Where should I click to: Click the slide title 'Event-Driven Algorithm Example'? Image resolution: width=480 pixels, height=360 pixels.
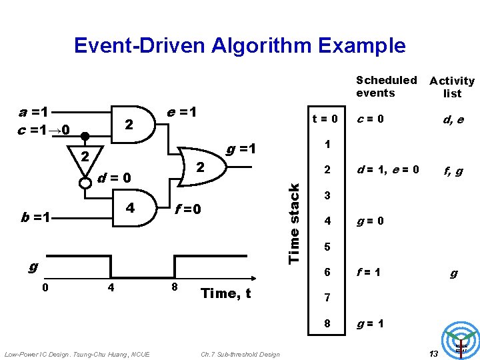point(239,45)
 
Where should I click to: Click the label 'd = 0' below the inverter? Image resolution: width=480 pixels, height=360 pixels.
point(114,178)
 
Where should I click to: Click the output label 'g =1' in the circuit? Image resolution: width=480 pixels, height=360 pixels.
point(241,148)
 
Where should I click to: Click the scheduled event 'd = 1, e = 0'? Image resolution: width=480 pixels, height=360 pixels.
point(387,169)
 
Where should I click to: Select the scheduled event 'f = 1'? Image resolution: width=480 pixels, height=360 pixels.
point(368,272)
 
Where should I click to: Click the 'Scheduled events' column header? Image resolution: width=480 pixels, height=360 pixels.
point(386,87)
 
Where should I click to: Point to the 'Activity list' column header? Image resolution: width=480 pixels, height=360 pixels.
point(452,87)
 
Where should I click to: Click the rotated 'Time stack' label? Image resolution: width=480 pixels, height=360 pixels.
point(294,223)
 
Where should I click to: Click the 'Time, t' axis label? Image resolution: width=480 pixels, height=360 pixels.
point(225,293)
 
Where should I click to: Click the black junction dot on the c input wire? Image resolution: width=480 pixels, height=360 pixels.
point(85,136)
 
